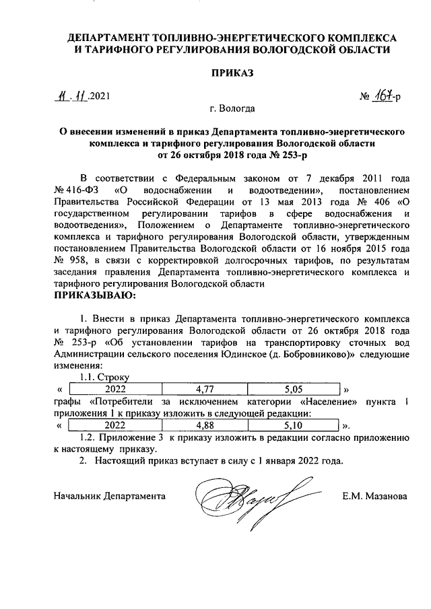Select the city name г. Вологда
(232, 108)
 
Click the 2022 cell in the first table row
(115, 388)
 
